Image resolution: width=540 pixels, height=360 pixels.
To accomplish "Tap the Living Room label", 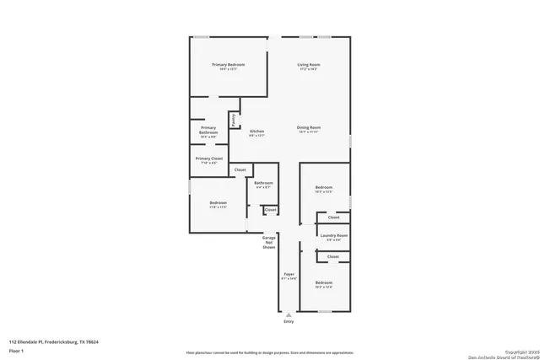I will pos(308,66).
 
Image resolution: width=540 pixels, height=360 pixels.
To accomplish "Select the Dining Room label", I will pos(308,128).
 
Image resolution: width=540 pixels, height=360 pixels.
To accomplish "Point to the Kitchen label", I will pos(257,132).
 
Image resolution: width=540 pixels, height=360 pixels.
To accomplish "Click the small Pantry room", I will pos(234,120).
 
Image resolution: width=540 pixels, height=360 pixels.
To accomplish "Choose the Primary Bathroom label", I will pos(208,131).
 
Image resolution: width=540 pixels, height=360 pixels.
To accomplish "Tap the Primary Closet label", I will pos(209,159).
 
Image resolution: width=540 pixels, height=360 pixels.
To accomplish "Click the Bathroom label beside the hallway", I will pos(263,184).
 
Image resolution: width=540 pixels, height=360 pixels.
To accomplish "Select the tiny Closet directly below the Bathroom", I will pos(270,209).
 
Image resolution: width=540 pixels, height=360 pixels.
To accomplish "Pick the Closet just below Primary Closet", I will pos(240,170).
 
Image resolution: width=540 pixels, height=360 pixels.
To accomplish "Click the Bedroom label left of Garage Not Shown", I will pos(218,203).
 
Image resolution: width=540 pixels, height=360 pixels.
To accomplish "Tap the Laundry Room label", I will pos(334,236).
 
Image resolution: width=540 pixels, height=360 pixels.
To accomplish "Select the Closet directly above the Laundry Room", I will pos(333,218).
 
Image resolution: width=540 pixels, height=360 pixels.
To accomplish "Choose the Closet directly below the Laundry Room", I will pos(333,256).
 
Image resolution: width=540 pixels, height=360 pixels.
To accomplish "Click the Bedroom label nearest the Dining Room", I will pos(324,188).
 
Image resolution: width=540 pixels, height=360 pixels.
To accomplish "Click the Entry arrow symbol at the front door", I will pos(289,314).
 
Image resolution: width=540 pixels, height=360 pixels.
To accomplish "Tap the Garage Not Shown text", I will pos(269,243).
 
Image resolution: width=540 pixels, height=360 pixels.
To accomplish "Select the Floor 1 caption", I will pos(17,350).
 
